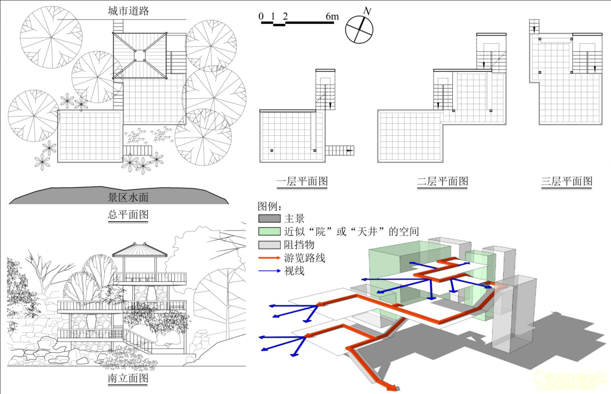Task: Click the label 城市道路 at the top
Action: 128,11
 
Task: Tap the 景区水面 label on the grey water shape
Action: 128,197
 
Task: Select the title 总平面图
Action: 128,215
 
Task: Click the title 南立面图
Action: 128,378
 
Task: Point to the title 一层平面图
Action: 302,182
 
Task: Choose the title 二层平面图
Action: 442,182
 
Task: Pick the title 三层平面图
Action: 566,182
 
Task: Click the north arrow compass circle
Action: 359,30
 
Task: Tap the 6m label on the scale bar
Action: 332,16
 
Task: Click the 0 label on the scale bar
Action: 261,16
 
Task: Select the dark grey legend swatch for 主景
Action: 269,219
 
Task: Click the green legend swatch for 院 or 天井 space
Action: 269,232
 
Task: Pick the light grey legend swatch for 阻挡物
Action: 269,245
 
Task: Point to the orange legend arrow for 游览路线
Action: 269,258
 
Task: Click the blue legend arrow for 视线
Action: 269,271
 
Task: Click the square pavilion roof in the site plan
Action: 140,56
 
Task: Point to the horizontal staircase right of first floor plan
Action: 339,151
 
